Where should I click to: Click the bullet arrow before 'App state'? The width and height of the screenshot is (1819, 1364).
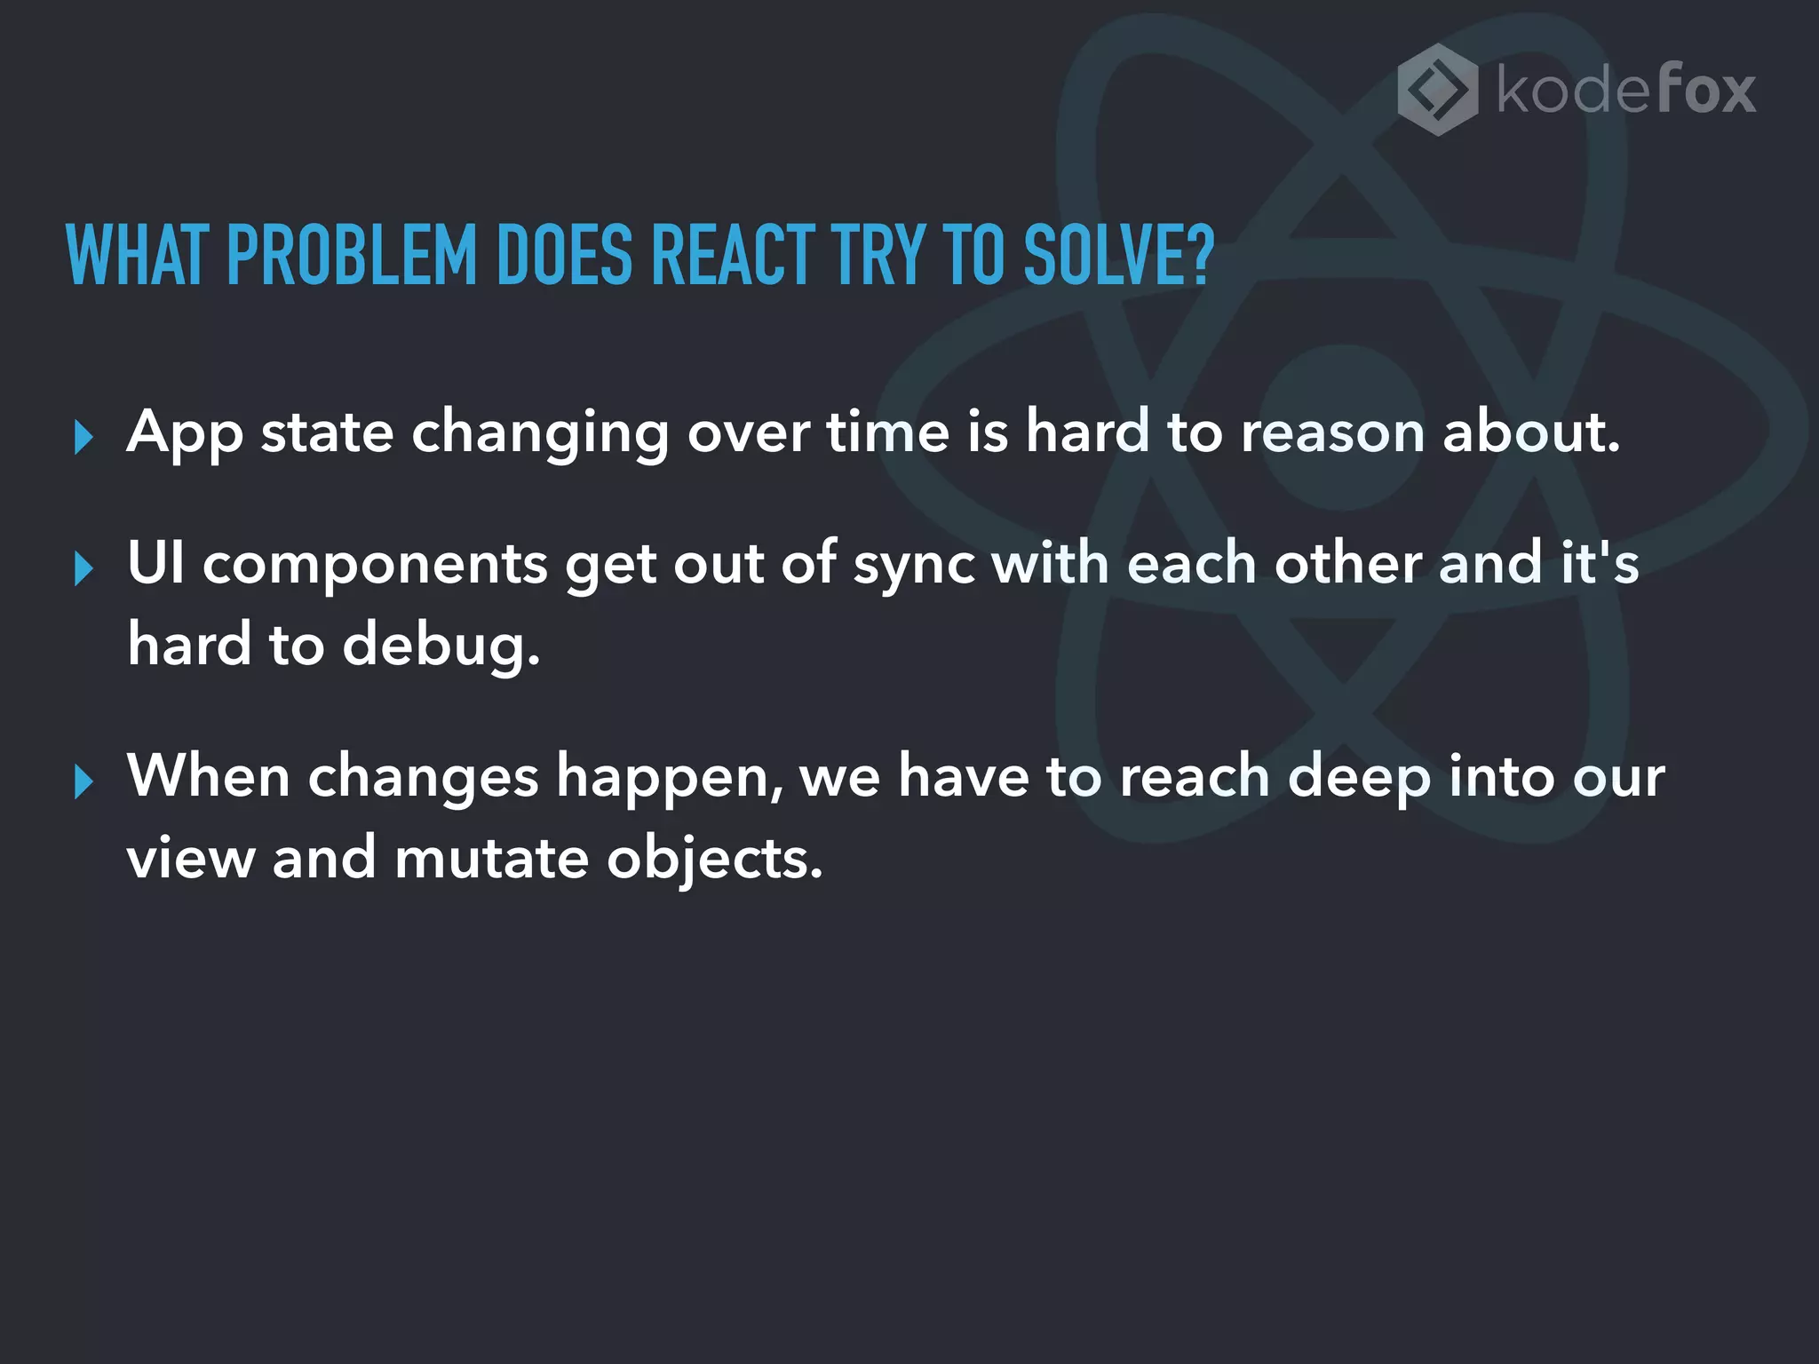pyautogui.click(x=83, y=437)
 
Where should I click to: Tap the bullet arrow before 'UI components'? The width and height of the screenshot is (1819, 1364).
pyautogui.click(x=83, y=568)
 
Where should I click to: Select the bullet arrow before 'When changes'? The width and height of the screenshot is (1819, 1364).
pyautogui.click(x=83, y=781)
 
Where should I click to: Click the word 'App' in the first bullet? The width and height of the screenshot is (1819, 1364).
pyautogui.click(x=185, y=433)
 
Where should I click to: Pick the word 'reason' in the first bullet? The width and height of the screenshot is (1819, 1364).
pyautogui.click(x=1332, y=433)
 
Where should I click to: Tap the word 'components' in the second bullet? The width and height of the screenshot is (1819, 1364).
pyautogui.click(x=375, y=565)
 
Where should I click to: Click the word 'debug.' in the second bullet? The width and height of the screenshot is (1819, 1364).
pyautogui.click(x=441, y=645)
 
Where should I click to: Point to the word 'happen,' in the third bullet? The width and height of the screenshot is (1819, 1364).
pyautogui.click(x=670, y=778)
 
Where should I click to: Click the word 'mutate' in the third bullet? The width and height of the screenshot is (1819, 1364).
pyautogui.click(x=491, y=859)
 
